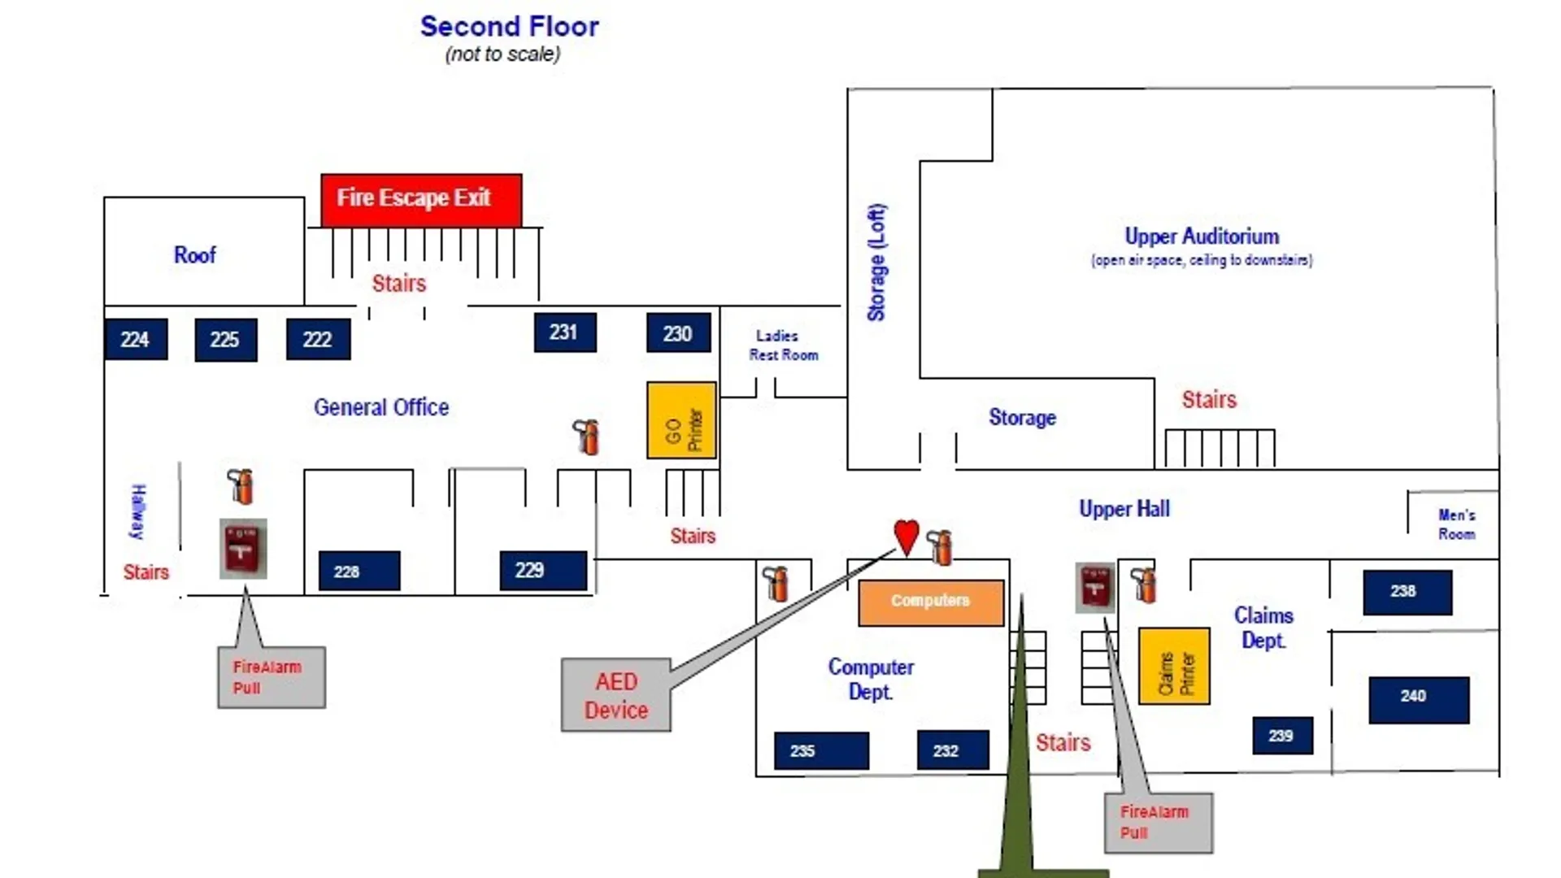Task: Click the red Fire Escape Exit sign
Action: tap(421, 200)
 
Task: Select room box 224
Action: tap(136, 339)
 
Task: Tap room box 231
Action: tap(565, 333)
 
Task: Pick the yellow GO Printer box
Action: tap(681, 420)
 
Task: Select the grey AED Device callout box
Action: tap(615, 695)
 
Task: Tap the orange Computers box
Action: tap(931, 602)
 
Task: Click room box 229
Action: tap(543, 571)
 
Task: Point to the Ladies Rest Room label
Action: tap(783, 346)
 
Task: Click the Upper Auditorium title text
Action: tap(1202, 237)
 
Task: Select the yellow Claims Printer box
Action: tap(1174, 666)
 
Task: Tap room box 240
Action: tap(1419, 700)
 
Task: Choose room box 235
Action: tap(821, 750)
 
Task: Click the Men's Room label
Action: tap(1456, 524)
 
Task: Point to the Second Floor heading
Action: tap(509, 27)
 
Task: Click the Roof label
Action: tap(195, 255)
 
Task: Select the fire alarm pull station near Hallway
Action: tap(243, 549)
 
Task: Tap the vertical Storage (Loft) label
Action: tap(876, 263)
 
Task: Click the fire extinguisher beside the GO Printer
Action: tap(586, 437)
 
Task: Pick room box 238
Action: tap(1407, 592)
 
